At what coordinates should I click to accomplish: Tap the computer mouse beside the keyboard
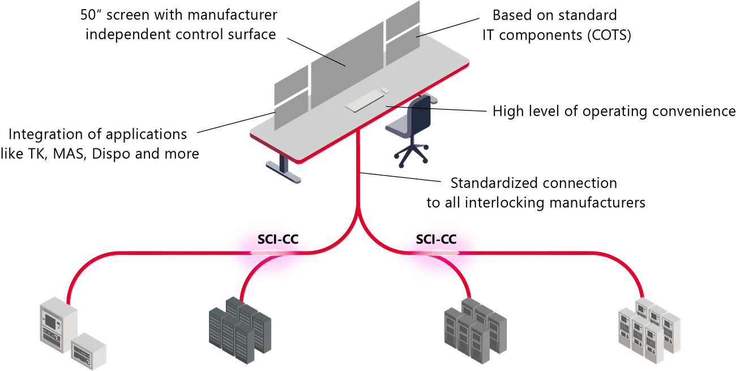click(384, 89)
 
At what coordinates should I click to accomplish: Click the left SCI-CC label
click(277, 239)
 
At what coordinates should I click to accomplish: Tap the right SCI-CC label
click(436, 239)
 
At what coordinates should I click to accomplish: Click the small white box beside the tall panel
click(89, 347)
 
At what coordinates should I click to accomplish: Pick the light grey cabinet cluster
click(474, 329)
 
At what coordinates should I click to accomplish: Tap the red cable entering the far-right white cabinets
click(641, 286)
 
